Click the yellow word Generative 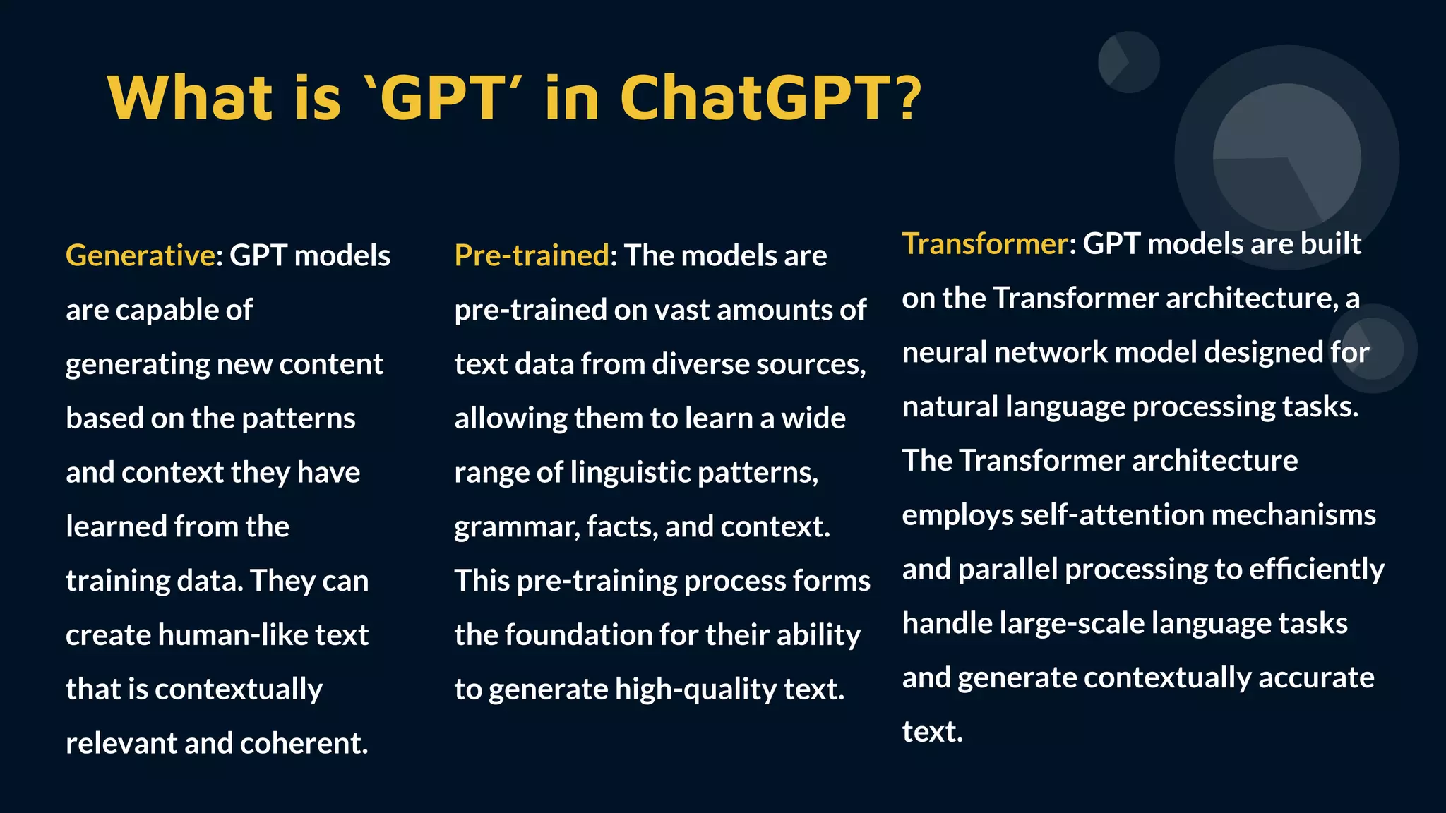tap(140, 255)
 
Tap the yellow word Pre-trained tap(532, 255)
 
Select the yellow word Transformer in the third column tap(985, 243)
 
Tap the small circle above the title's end tap(1128, 62)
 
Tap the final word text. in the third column tap(932, 732)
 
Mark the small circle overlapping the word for tap(1373, 349)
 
